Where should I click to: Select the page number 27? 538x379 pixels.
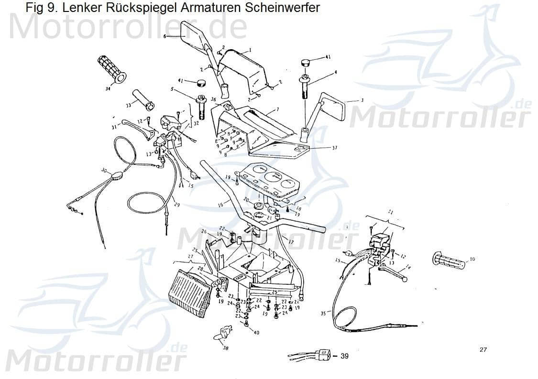click(483, 350)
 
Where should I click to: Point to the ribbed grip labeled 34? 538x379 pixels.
click(111, 69)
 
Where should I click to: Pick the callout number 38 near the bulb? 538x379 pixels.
click(226, 348)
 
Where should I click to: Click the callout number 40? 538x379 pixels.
click(257, 333)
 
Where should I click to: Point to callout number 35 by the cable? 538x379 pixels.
click(323, 314)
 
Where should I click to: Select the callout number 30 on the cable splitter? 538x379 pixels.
click(104, 170)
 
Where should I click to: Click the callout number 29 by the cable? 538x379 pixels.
click(176, 205)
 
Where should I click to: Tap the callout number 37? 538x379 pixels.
click(334, 148)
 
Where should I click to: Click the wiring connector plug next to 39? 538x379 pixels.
click(323, 355)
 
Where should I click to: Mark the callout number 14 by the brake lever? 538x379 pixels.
click(407, 267)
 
